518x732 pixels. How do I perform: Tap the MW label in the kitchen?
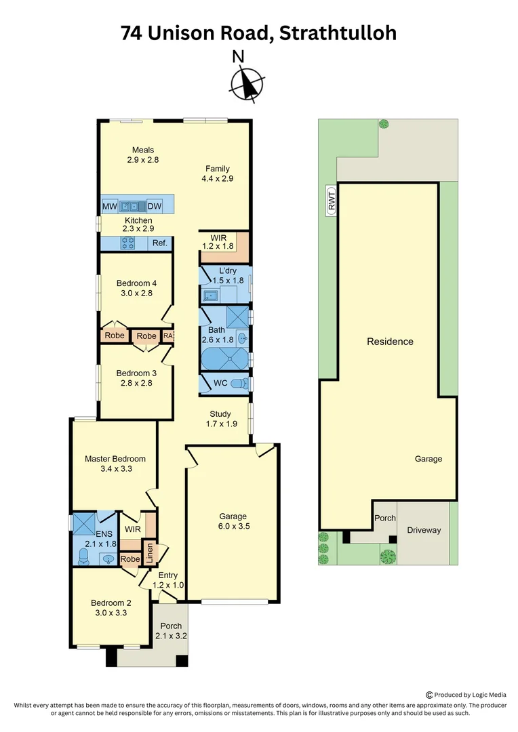coord(109,206)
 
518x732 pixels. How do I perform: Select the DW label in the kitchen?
coord(154,206)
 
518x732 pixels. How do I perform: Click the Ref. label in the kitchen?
coord(159,243)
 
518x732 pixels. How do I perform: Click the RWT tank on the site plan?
coord(331,201)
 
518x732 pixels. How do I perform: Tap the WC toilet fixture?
coord(237,384)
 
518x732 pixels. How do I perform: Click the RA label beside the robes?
coord(168,335)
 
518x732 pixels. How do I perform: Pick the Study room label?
coord(220,414)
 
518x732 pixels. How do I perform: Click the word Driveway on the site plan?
coord(424,530)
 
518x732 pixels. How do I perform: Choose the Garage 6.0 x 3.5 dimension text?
coord(233,526)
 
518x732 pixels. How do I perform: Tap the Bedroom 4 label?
coord(136,283)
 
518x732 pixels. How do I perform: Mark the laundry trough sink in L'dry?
coord(211,295)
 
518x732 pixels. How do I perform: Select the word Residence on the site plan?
coord(390,342)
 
